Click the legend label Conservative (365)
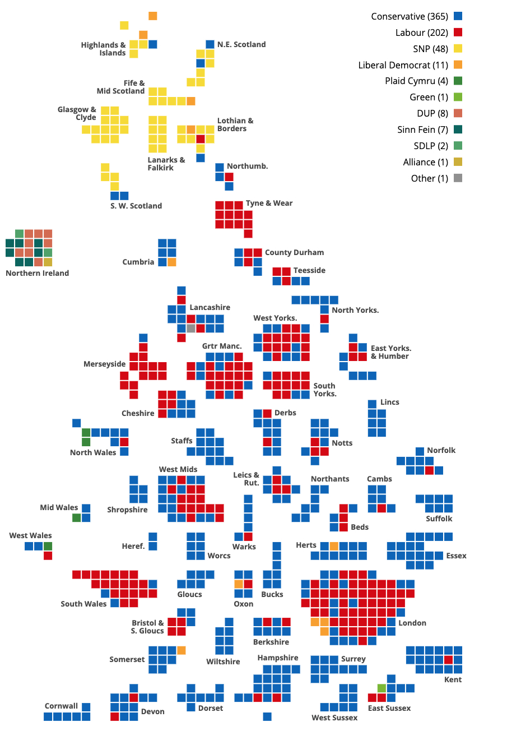point(410,16)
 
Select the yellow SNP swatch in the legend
point(458,49)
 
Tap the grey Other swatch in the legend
point(458,178)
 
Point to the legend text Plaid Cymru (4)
point(417,81)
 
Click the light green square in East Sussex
point(382,688)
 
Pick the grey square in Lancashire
point(191,329)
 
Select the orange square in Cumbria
point(172,262)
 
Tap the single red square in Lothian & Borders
point(201,139)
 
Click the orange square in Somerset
point(182,650)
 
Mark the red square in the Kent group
point(448,660)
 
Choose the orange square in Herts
point(334,546)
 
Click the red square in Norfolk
point(429,470)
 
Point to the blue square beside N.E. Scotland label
point(210,44)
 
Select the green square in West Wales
point(48,546)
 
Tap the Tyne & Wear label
point(269,203)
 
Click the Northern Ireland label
point(37,273)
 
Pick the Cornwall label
point(62,706)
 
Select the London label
point(412,623)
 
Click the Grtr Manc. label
point(222,346)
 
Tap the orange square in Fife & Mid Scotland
point(191,101)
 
